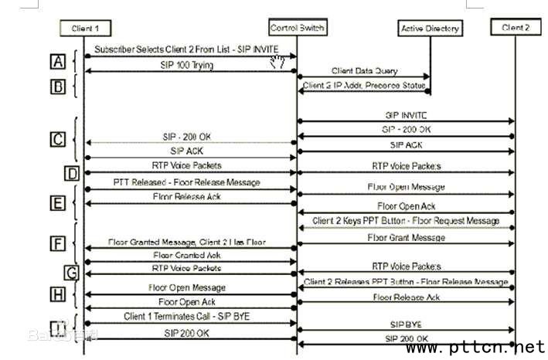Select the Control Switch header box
click(x=298, y=29)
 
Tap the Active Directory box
click(x=430, y=29)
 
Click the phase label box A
click(x=57, y=61)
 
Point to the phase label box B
click(x=57, y=87)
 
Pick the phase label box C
click(x=57, y=139)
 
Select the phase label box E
click(x=57, y=203)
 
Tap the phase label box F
click(x=57, y=243)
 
